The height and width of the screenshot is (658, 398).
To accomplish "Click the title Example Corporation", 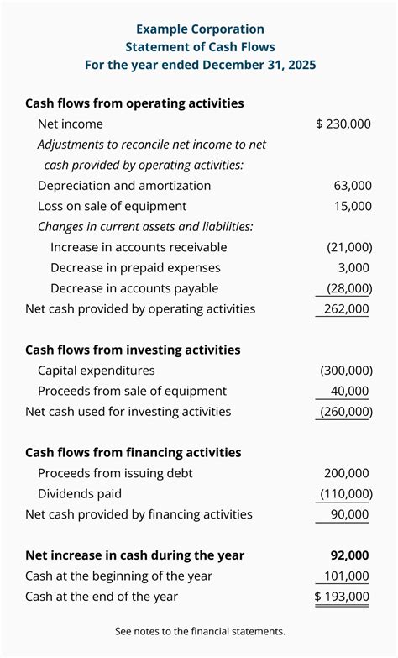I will (x=199, y=29).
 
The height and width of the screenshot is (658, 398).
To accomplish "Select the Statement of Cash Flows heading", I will (x=199, y=47).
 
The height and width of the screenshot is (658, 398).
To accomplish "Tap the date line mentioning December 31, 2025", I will (x=199, y=65).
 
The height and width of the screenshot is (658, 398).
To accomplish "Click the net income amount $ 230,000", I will (x=343, y=124).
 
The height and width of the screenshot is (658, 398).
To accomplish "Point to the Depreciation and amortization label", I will (x=124, y=185).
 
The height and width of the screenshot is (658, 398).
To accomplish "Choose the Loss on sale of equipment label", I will (x=112, y=206).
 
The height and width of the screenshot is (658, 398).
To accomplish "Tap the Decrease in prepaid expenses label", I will (x=135, y=267).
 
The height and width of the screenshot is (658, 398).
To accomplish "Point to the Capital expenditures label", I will (x=96, y=370).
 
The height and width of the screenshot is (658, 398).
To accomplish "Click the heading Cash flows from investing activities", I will (x=133, y=350).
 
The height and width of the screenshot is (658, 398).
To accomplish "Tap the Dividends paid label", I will (x=80, y=494).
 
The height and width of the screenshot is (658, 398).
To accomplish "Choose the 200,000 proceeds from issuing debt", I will (x=346, y=473).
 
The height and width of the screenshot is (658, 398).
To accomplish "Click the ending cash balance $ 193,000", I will (x=342, y=597).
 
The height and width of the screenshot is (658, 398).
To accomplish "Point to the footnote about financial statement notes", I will (x=199, y=630).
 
